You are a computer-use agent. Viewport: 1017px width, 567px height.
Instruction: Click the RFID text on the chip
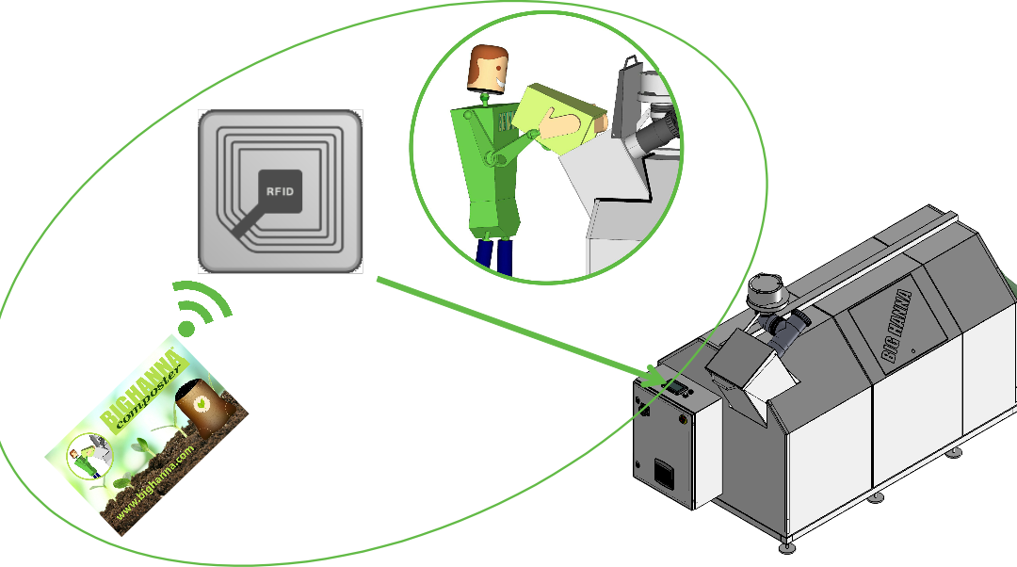point(280,191)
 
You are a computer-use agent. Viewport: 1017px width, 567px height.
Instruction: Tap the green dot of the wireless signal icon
point(186,329)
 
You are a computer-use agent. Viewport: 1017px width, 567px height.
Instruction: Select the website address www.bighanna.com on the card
point(155,478)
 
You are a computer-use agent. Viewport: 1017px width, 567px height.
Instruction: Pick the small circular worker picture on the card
point(90,455)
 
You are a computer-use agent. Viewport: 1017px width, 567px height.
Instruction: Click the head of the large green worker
point(487,68)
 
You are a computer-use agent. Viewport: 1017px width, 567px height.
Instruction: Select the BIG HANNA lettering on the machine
point(896,325)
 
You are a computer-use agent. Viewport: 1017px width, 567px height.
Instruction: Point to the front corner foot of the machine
point(786,547)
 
